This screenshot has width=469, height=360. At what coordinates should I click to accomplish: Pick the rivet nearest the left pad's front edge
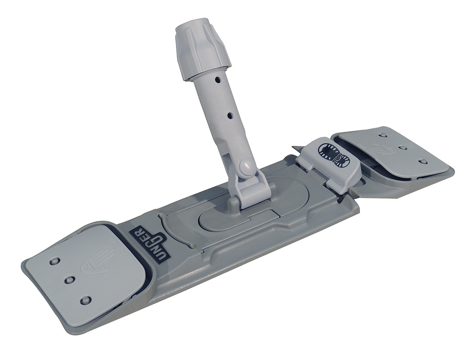coord(85,300)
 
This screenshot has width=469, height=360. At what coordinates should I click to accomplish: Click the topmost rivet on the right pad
coord(383,135)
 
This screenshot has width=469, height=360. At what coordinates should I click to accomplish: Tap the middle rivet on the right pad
coord(401,148)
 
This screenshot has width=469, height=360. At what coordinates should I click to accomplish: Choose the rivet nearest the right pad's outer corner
coord(422,161)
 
